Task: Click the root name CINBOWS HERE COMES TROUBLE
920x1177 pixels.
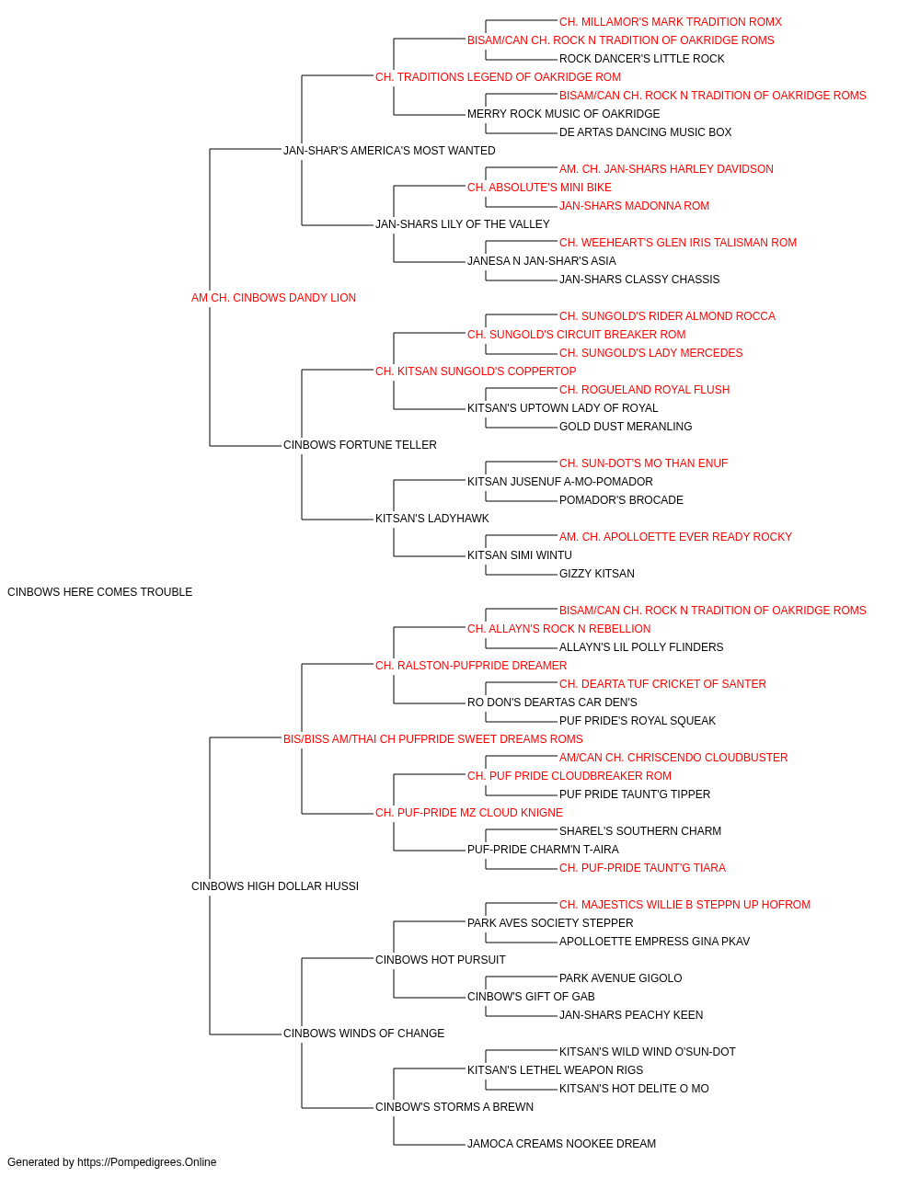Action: pyautogui.click(x=99, y=592)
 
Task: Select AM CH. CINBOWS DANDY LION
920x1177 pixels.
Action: pyautogui.click(x=273, y=298)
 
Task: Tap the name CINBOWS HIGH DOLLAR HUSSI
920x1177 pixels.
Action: pyautogui.click(x=275, y=886)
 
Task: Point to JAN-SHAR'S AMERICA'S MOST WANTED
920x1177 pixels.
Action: pyautogui.click(x=389, y=151)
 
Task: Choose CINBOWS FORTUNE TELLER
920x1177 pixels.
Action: pyautogui.click(x=360, y=445)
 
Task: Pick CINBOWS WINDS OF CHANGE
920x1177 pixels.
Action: pyautogui.click(x=363, y=1033)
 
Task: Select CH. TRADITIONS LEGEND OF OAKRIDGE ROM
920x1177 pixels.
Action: pyautogui.click(x=498, y=77)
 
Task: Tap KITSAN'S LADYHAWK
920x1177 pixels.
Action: pyautogui.click(x=431, y=519)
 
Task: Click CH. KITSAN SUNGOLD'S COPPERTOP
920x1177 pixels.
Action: pyautogui.click(x=476, y=371)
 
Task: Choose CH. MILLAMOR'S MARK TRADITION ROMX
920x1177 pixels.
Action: pyautogui.click(x=671, y=22)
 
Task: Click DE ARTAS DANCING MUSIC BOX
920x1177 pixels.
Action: pyautogui.click(x=645, y=132)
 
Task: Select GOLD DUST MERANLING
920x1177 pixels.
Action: pyautogui.click(x=626, y=427)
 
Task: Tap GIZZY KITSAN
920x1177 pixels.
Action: pyautogui.click(x=596, y=574)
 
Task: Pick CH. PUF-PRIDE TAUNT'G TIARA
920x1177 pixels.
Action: pyautogui.click(x=642, y=868)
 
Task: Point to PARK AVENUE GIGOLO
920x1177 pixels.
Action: pyautogui.click(x=620, y=978)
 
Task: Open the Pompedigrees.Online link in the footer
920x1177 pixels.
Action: pyautogui.click(x=146, y=1162)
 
